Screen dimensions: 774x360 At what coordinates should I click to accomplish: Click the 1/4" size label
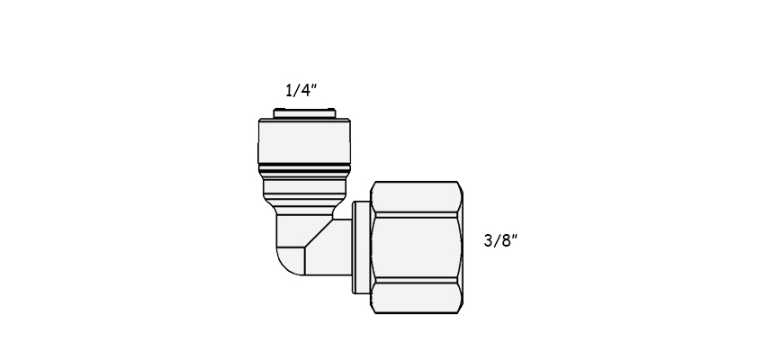point(301,90)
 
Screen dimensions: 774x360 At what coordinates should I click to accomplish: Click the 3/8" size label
point(500,240)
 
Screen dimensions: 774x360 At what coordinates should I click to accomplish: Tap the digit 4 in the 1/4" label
point(304,91)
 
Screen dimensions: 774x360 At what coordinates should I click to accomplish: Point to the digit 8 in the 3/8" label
point(505,241)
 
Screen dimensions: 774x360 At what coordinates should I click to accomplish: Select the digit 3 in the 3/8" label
point(489,241)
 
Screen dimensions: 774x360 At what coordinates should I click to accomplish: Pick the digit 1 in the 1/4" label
point(289,91)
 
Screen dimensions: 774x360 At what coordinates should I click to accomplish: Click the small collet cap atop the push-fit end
point(304,113)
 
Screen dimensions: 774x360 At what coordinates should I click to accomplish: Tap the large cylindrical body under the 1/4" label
point(304,141)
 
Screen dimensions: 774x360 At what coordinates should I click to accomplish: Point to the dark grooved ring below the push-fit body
point(304,170)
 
